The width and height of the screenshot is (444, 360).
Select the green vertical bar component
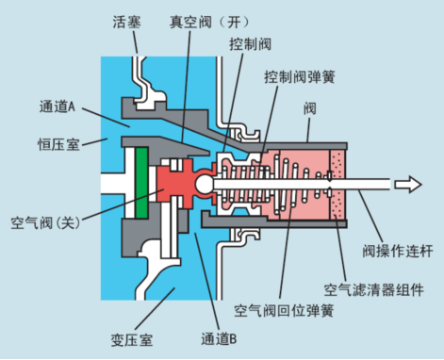click(141, 181)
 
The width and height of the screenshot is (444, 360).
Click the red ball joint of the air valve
click(205, 183)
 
